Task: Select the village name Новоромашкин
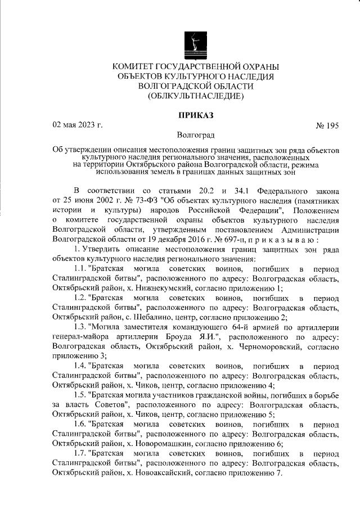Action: pos(154,443)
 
